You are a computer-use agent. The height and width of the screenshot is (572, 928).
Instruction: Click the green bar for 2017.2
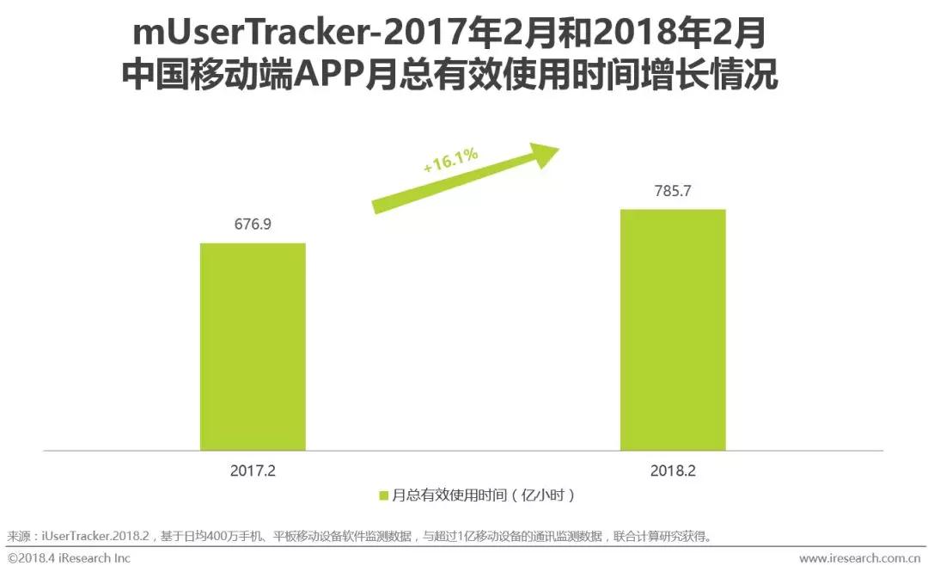[x=253, y=347]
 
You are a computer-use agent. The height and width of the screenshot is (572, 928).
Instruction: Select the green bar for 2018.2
[x=673, y=329]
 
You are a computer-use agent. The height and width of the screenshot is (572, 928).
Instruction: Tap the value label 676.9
[x=253, y=224]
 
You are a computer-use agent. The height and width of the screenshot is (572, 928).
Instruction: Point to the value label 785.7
[x=673, y=191]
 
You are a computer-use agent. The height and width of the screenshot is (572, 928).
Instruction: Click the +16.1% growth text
[x=450, y=162]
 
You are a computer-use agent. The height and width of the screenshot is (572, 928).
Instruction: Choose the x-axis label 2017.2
[x=253, y=471]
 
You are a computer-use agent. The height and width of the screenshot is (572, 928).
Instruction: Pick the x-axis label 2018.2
[x=673, y=471]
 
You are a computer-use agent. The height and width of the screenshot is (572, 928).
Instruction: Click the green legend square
[x=384, y=495]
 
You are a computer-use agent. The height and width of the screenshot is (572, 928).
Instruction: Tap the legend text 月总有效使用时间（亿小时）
[x=483, y=495]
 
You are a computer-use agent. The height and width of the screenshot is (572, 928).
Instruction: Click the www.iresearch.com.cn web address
[x=859, y=558]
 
